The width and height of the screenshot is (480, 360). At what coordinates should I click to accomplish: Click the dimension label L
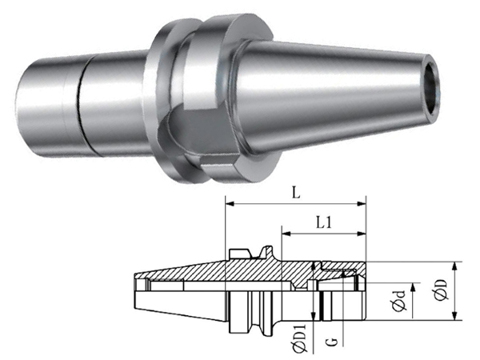[296, 193]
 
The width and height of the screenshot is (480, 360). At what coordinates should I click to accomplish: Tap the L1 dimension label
[323, 223]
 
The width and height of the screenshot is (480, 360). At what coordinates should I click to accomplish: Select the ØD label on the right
[441, 290]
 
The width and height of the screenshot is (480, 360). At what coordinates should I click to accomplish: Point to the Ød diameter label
[400, 302]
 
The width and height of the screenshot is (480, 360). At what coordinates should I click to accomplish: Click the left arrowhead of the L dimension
[230, 204]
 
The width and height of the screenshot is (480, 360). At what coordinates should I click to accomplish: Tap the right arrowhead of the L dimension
[362, 204]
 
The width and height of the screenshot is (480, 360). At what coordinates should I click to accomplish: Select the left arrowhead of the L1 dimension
[286, 234]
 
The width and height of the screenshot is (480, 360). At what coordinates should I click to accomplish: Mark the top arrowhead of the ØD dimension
[455, 266]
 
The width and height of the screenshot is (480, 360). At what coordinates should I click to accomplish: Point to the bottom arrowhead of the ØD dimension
[455, 317]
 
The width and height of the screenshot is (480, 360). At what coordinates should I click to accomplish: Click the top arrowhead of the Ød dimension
[414, 287]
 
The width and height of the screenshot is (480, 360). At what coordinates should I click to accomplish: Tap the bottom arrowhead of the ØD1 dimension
[313, 317]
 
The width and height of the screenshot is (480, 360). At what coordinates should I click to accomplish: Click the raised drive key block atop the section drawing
[240, 253]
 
